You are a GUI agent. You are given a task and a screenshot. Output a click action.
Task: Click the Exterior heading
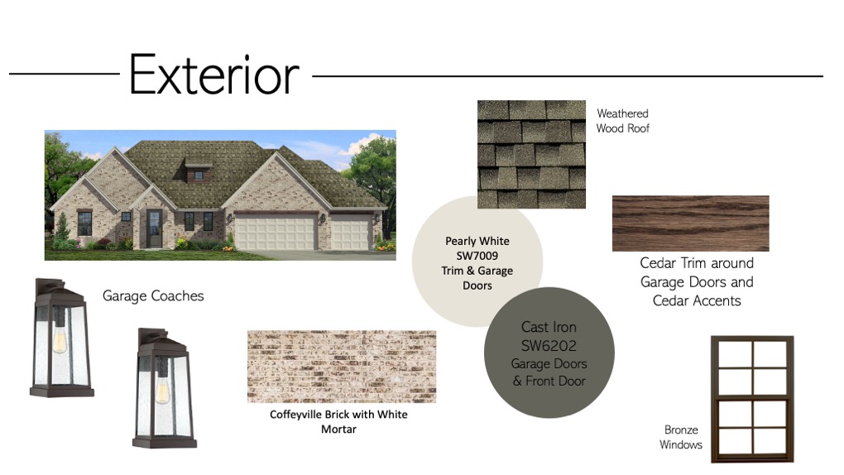coord(213,74)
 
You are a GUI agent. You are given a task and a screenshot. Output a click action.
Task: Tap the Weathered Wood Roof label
coord(623,121)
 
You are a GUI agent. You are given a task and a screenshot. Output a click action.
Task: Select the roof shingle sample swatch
coord(531,154)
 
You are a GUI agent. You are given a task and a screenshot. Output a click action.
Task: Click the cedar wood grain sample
coord(691,223)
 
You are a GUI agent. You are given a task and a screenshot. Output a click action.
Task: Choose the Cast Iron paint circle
coord(549,353)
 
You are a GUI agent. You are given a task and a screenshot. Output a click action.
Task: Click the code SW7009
coord(477,256)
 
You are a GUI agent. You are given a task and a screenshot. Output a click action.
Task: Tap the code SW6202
coord(549,345)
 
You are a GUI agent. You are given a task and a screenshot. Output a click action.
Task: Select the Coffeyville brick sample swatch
coord(342,367)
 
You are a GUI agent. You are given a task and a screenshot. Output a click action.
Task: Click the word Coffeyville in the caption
coord(295,414)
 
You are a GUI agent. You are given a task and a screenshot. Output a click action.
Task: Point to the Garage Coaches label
coord(153,295)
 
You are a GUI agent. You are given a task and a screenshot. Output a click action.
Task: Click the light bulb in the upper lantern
coord(60,340)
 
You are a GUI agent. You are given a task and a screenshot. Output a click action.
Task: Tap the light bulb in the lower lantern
coord(162,390)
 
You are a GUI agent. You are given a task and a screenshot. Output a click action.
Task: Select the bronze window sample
coord(752,399)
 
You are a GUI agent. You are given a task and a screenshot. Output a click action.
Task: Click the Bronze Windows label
coord(681,437)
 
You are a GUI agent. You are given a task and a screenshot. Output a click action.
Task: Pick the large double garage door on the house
coord(276,232)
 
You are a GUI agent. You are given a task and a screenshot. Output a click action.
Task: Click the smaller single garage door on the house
coord(351,233)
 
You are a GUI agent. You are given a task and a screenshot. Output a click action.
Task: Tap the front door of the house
coord(154,228)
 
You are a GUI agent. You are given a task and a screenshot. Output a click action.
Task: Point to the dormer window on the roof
coord(199,175)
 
